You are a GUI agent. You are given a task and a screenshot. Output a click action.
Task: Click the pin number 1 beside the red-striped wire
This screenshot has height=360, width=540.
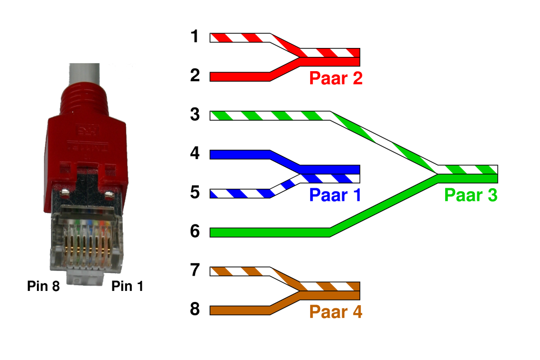point(195,37)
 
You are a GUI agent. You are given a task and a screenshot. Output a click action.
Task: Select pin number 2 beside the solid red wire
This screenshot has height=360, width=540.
point(195,76)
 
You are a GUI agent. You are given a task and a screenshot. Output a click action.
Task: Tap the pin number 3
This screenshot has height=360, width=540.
point(195,114)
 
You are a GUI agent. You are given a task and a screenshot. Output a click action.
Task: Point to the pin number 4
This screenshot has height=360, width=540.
point(195,154)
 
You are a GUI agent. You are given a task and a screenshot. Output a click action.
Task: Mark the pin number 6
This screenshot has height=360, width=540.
point(195,231)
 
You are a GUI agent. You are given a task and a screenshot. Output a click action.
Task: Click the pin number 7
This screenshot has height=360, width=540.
point(195,270)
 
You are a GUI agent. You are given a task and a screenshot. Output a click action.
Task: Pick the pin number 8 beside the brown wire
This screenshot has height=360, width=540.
point(195,309)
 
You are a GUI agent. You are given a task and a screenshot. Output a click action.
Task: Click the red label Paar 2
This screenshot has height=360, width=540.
point(335,79)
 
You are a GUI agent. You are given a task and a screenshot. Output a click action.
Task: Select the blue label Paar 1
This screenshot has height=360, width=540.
point(335,195)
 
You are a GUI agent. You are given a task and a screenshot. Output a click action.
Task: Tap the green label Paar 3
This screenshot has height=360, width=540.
point(470,195)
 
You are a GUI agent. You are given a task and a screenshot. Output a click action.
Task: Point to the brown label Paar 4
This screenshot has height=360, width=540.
point(335,312)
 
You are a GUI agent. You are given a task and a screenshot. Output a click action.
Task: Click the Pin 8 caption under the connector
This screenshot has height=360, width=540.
point(43,287)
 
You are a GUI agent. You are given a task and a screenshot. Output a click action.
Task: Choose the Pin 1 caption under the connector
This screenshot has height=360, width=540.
point(127,287)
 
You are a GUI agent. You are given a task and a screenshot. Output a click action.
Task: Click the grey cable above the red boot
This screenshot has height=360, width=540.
point(84,74)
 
